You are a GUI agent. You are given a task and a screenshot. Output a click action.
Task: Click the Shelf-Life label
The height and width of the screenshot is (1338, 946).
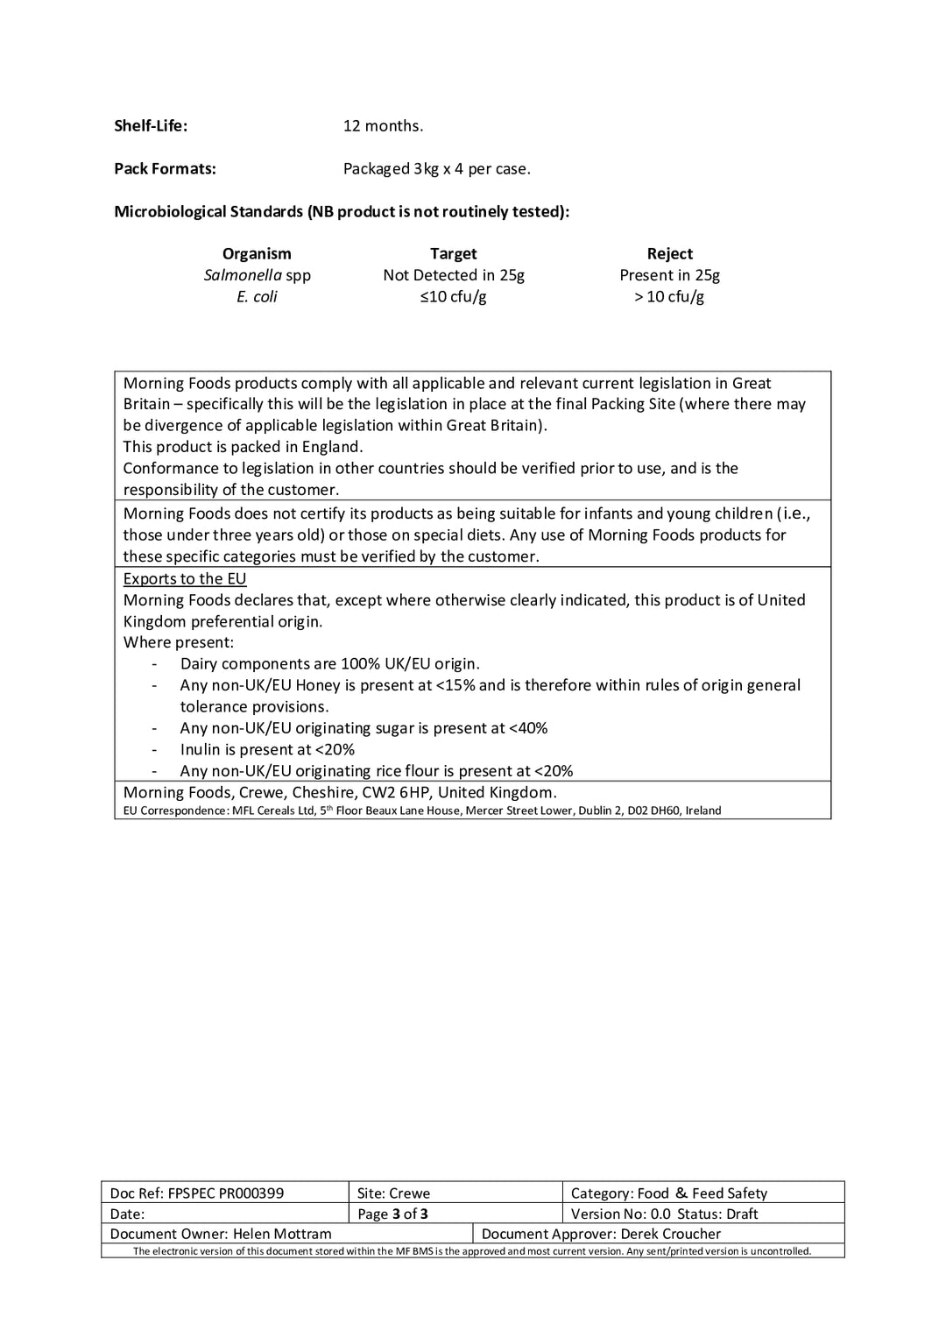click(x=151, y=125)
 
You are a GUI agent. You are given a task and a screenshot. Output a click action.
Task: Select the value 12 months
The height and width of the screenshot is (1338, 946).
click(x=383, y=125)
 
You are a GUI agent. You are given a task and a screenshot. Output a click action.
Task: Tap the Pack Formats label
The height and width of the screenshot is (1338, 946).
click(x=165, y=168)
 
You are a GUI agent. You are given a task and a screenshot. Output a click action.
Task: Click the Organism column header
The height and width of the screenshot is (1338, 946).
click(x=257, y=253)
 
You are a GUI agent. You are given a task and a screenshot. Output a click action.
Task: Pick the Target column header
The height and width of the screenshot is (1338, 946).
click(x=453, y=253)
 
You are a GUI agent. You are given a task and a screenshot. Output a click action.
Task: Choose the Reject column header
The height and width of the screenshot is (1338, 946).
click(x=669, y=253)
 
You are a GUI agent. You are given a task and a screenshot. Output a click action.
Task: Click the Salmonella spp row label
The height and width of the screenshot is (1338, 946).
click(x=257, y=275)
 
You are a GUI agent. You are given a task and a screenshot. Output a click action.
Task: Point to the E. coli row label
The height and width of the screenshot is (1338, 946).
click(x=257, y=296)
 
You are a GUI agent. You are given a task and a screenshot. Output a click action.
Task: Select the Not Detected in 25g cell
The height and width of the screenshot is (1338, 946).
click(x=453, y=275)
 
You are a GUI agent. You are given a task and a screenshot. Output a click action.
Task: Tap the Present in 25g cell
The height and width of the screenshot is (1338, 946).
click(x=669, y=275)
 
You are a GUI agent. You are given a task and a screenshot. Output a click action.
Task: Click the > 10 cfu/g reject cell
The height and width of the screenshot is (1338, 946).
click(x=669, y=296)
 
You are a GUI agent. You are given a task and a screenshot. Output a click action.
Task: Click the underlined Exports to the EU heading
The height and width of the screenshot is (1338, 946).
click(x=185, y=578)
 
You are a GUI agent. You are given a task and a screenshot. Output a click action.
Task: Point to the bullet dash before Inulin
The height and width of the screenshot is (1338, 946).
click(x=155, y=750)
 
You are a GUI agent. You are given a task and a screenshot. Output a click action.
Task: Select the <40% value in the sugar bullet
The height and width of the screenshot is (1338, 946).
click(x=528, y=728)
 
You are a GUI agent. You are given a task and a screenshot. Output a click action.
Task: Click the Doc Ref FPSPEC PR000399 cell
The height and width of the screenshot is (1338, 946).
click(x=197, y=1193)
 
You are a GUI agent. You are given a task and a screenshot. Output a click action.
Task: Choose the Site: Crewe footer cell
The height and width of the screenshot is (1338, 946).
click(x=393, y=1193)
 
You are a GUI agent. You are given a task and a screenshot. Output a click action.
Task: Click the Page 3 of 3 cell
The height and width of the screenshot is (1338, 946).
click(x=392, y=1214)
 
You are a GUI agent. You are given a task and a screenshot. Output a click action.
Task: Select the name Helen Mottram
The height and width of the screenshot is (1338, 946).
click(x=282, y=1234)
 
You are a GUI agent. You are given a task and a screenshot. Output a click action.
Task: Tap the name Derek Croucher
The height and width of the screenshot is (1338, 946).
click(x=670, y=1234)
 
